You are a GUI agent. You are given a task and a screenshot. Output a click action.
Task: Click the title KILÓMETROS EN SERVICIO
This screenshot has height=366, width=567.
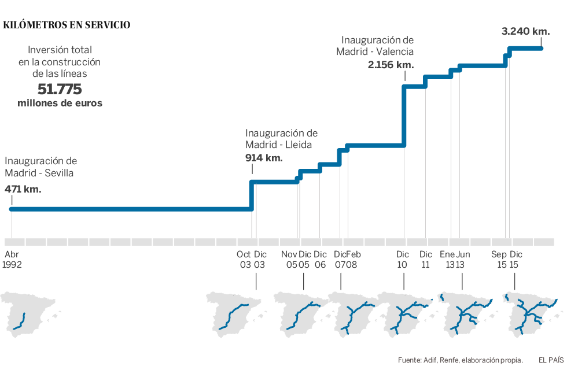[x=67, y=25]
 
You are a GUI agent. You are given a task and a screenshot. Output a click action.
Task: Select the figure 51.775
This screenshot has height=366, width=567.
[x=60, y=90]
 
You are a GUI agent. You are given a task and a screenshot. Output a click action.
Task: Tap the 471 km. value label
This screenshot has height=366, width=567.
[x=23, y=188]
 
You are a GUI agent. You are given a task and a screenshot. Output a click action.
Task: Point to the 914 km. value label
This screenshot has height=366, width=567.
[x=264, y=158]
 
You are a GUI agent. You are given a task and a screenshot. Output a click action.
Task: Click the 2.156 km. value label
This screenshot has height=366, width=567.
[x=390, y=65]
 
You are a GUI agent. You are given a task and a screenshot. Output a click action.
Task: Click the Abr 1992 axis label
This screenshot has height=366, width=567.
[x=12, y=260]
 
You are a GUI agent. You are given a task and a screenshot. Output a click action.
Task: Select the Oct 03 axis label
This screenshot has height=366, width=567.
[x=244, y=260]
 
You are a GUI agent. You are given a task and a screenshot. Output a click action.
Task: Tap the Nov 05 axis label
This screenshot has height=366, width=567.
[x=289, y=260]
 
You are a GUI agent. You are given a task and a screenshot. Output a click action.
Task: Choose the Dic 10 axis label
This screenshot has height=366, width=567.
[x=403, y=260]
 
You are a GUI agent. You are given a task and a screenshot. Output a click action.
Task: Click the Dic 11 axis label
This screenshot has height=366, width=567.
[x=426, y=260]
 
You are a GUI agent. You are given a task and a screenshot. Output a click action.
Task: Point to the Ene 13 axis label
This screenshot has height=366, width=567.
[x=447, y=260]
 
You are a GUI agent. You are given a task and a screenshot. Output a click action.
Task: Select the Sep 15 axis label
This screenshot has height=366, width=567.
[x=499, y=260]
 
